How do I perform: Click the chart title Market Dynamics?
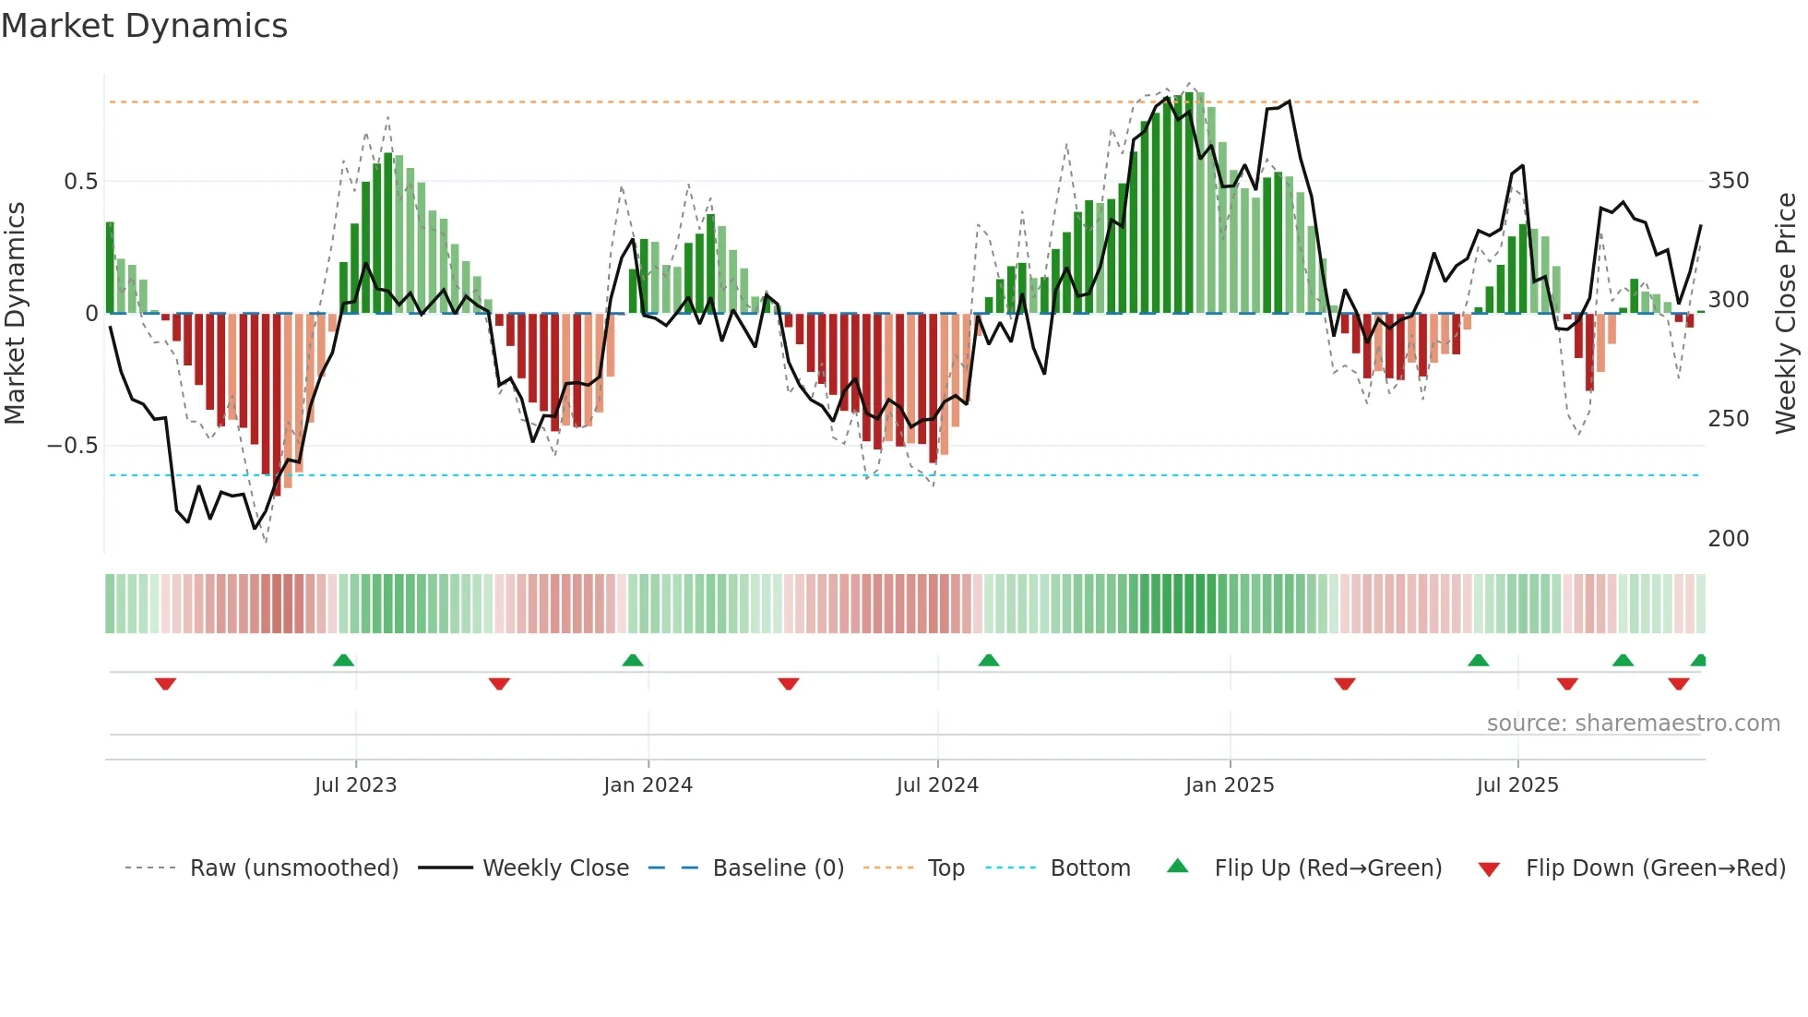click(144, 26)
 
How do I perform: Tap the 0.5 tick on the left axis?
click(80, 182)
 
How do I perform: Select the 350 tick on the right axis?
click(1728, 181)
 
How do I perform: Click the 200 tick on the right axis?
click(1728, 539)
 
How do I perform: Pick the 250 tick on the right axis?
click(1728, 419)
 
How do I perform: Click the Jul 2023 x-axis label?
click(355, 785)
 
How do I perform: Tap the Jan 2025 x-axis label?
click(1229, 785)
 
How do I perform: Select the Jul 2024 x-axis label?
click(936, 785)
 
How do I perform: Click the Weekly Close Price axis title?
click(1786, 314)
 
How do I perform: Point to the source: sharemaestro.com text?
click(1633, 724)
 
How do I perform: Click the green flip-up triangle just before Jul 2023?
click(343, 661)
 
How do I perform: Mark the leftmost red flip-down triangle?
click(165, 684)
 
